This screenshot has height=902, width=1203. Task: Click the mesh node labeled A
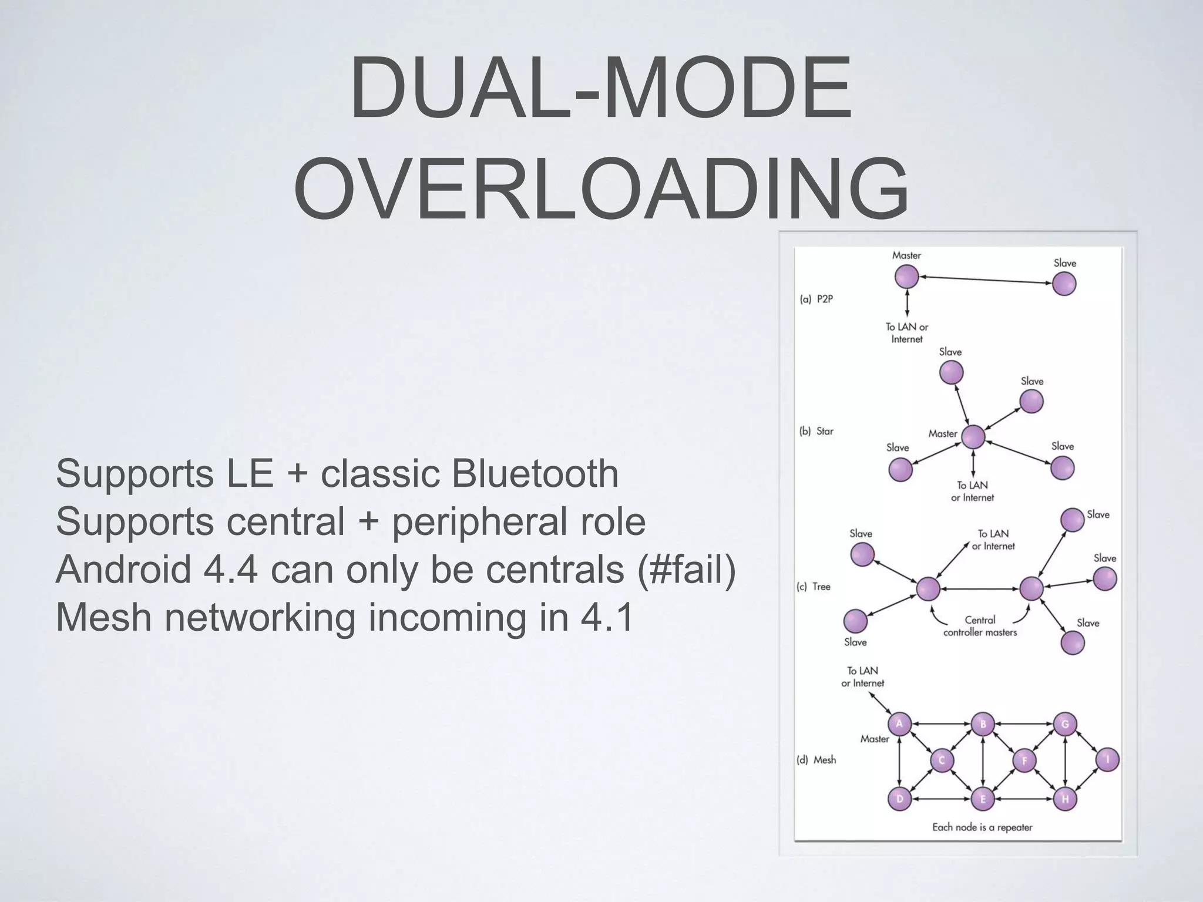[899, 724]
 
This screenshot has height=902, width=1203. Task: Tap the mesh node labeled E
[982, 799]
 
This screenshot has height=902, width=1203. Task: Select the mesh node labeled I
[1107, 760]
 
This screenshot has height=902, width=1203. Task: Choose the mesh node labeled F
[1024, 761]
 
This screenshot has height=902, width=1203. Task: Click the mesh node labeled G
[1065, 724]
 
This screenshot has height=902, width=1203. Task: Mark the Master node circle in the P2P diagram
[906, 277]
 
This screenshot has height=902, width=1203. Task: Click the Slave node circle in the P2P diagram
[1064, 284]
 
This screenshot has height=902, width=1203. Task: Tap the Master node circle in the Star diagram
[973, 437]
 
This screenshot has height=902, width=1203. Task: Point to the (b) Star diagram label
[816, 431]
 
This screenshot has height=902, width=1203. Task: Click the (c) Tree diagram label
[814, 587]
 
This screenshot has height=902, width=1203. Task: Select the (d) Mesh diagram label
[816, 760]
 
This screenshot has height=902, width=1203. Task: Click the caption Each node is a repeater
[982, 827]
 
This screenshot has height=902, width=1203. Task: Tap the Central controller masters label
[980, 626]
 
